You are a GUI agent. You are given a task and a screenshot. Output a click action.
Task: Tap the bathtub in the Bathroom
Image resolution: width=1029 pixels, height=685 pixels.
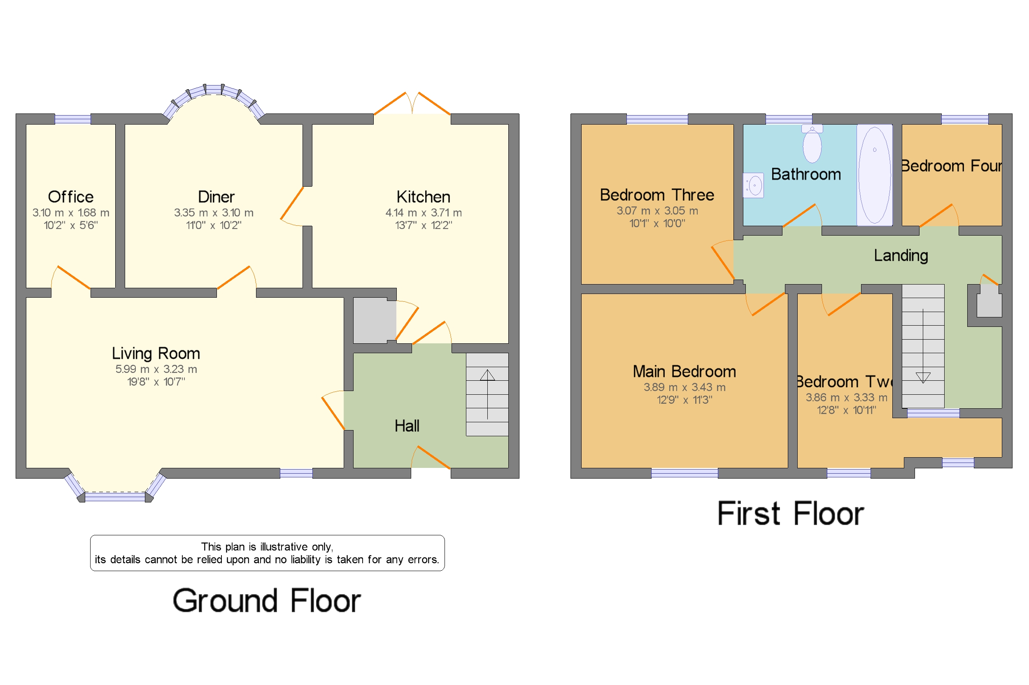[x=874, y=175]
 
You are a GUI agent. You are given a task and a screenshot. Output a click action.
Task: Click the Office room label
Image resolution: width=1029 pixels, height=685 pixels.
[x=70, y=197]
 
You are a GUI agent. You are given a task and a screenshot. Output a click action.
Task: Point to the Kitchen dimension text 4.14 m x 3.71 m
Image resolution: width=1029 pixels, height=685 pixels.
[x=423, y=213]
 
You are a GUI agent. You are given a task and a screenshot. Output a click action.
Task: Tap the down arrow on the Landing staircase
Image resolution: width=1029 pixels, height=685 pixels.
[x=923, y=377]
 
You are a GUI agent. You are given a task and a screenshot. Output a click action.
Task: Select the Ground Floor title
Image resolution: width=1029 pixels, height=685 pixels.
[x=266, y=601]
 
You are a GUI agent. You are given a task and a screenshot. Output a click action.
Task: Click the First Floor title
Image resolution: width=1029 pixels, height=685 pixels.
[x=790, y=514]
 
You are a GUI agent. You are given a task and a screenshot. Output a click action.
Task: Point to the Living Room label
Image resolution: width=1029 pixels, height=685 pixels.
[x=156, y=354]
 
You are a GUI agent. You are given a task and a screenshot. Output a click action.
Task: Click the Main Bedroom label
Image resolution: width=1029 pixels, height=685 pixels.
[x=684, y=372]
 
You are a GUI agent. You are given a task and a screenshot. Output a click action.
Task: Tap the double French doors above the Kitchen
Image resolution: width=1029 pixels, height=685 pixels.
[x=412, y=105]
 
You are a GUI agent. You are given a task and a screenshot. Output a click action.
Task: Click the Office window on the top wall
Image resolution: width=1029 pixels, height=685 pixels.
[x=72, y=119]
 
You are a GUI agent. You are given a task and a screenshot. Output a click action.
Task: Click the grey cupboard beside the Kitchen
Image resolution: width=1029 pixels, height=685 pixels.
[x=374, y=320]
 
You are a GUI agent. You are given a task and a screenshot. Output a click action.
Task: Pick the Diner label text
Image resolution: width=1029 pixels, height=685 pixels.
[x=216, y=197]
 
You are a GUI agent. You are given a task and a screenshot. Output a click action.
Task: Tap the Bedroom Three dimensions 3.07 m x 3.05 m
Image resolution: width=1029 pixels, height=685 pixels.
[x=657, y=211]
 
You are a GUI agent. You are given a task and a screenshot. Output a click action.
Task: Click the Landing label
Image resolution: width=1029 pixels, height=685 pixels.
[x=901, y=256]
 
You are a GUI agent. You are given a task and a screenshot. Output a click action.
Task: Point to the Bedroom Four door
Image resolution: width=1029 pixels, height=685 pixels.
[x=937, y=216]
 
